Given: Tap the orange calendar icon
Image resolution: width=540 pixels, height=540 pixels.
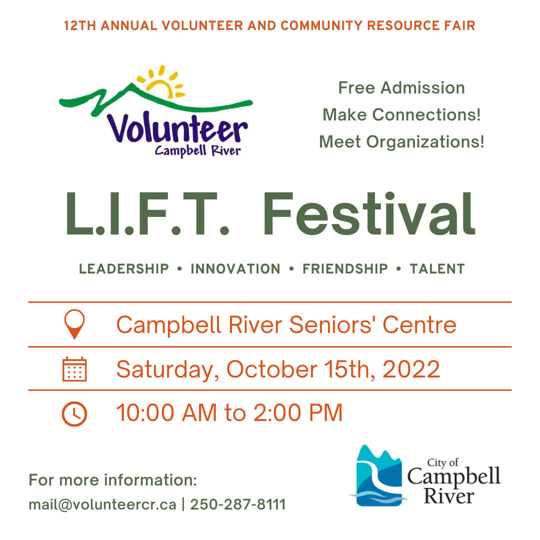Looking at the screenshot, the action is click(x=74, y=369).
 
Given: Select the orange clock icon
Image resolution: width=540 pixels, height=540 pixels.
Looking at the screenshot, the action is click(x=74, y=413).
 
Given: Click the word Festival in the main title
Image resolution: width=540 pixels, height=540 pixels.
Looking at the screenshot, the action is click(x=369, y=214).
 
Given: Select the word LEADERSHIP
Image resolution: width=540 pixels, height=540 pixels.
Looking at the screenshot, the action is click(x=124, y=269).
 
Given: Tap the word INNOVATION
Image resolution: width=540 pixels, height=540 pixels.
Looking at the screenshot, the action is click(x=235, y=269).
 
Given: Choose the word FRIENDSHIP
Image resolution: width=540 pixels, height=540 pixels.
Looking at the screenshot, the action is click(x=345, y=269).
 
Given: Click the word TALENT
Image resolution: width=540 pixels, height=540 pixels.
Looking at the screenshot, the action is click(x=437, y=269).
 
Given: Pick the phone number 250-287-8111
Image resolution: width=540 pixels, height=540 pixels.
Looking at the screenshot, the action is click(x=238, y=504).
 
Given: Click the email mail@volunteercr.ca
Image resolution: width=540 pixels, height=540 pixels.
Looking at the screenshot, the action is click(x=102, y=505).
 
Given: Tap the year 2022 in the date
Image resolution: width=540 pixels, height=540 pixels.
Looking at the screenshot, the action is click(x=411, y=369).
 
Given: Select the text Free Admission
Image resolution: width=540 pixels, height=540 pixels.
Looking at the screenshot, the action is click(x=401, y=87).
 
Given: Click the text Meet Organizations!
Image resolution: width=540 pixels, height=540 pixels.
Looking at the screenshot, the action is click(x=401, y=141).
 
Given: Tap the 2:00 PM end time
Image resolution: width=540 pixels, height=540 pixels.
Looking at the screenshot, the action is click(x=298, y=412).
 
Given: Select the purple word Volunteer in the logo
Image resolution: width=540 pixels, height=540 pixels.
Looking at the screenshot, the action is click(x=177, y=128).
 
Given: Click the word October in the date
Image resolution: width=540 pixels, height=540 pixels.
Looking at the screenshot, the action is click(x=271, y=369).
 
